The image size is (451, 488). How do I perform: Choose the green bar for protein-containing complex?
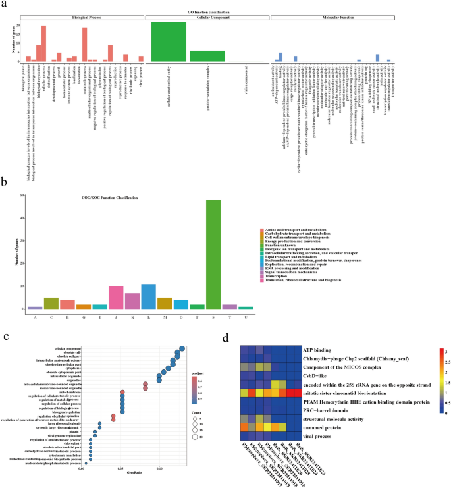[207, 56]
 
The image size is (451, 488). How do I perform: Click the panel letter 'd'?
[227, 338]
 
